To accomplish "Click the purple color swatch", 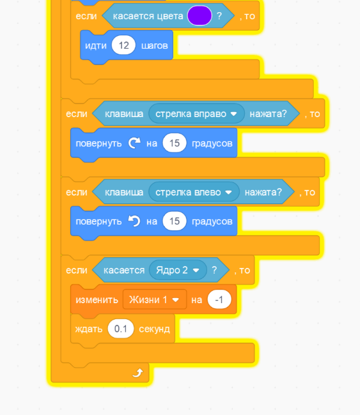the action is [x=200, y=15].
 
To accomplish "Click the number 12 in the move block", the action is [x=123, y=45].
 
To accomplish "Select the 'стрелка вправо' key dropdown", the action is [x=196, y=114].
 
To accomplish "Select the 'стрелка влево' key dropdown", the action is [x=194, y=192].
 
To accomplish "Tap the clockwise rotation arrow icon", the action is [x=134, y=143].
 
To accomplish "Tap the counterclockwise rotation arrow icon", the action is [x=134, y=221].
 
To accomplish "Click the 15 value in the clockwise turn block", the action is [x=175, y=143].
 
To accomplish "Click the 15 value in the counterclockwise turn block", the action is [x=175, y=221].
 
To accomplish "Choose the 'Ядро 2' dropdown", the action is [x=178, y=270].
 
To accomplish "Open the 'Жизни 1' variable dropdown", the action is [x=155, y=300].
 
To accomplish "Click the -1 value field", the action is [x=219, y=300].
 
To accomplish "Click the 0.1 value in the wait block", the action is [x=120, y=329].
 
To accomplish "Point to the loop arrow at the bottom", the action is [x=137, y=373].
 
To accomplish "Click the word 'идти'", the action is [x=96, y=45].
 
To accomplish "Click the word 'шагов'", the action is [x=155, y=45].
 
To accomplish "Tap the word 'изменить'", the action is [x=97, y=300].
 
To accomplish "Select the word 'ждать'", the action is [x=89, y=329].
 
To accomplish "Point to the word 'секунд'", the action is [x=154, y=329].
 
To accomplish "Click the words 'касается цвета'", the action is [x=148, y=16].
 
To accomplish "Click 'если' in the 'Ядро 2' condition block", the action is [x=77, y=270].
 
